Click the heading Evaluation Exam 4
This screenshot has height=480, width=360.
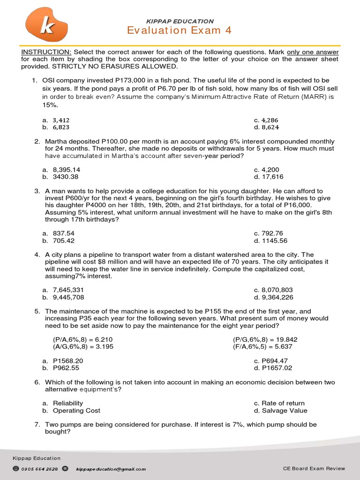pyautogui.click(x=180, y=31)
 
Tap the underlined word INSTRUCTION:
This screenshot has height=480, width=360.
pyautogui.click(x=46, y=52)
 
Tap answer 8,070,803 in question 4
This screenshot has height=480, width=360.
pyautogui.click(x=280, y=290)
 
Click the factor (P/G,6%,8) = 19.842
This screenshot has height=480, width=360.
pyautogui.click(x=265, y=339)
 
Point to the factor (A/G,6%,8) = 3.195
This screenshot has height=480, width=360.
pyautogui.click(x=83, y=346)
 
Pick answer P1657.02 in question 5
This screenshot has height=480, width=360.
pyautogui.click(x=277, y=368)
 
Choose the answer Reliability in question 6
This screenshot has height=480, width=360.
pyautogui.click(x=68, y=403)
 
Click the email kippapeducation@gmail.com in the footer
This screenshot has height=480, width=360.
pyautogui.click(x=111, y=469)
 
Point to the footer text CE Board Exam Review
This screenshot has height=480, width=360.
pyautogui.click(x=314, y=468)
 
